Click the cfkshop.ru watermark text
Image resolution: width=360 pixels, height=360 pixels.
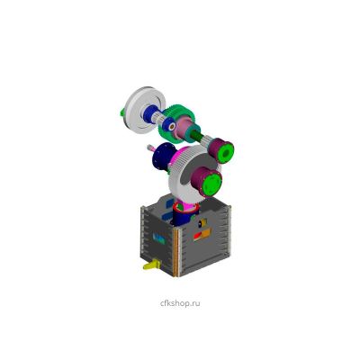point(180,303)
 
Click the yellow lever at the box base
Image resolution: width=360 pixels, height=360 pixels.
point(151,265)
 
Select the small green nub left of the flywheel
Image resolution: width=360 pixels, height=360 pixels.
point(122,112)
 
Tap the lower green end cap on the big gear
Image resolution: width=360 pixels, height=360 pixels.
point(211,183)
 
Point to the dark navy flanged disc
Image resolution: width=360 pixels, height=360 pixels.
point(163,156)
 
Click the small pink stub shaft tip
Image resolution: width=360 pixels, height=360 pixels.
point(149,148)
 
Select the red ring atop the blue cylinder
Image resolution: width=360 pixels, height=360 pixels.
point(186,208)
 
